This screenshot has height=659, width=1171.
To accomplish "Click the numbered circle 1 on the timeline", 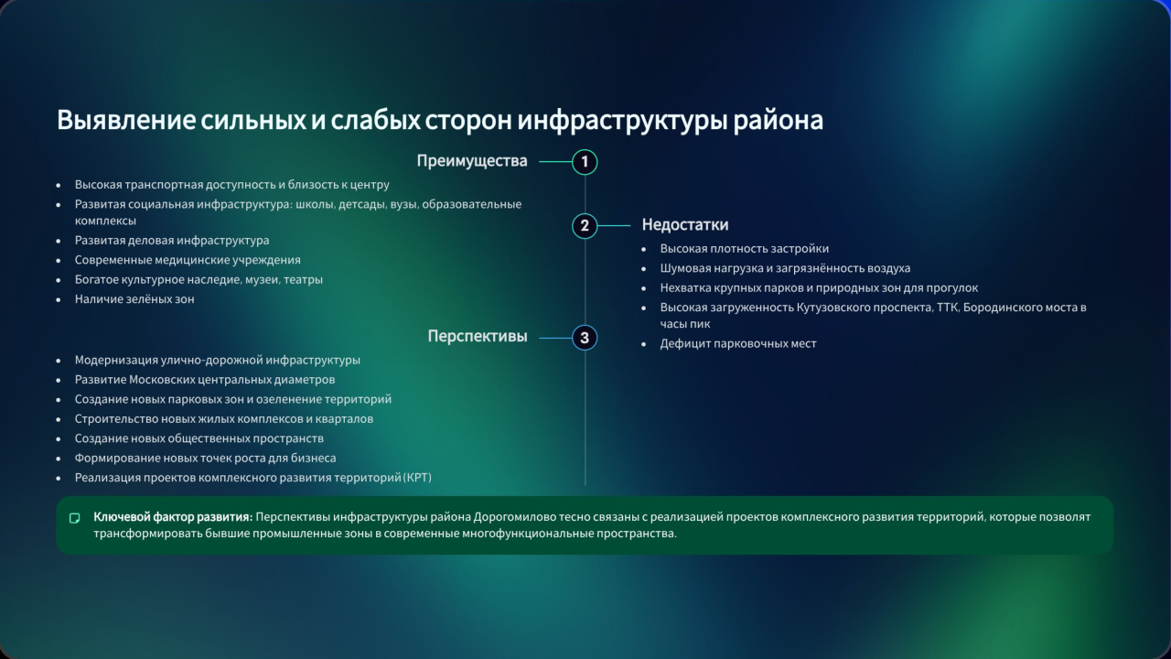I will (585, 162).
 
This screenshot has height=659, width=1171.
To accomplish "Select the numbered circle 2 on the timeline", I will (585, 225).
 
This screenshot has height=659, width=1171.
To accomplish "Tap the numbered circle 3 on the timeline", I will (585, 338).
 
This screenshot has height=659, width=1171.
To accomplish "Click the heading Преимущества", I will (472, 161).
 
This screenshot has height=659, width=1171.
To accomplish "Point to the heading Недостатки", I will (685, 224).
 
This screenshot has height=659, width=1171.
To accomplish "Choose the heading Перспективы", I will (478, 336).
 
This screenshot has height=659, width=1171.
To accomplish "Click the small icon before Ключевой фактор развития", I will (75, 518).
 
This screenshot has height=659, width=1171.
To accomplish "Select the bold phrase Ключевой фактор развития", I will (173, 517).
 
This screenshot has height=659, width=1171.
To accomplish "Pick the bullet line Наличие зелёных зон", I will (134, 299).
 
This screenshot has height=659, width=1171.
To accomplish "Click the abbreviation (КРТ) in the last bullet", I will (418, 478).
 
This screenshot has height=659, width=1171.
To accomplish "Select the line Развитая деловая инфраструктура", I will (172, 241).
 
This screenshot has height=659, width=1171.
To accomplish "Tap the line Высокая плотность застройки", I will (745, 249).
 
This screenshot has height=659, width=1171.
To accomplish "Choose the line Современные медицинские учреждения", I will (188, 260).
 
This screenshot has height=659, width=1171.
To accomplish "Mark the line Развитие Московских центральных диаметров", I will (205, 380).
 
